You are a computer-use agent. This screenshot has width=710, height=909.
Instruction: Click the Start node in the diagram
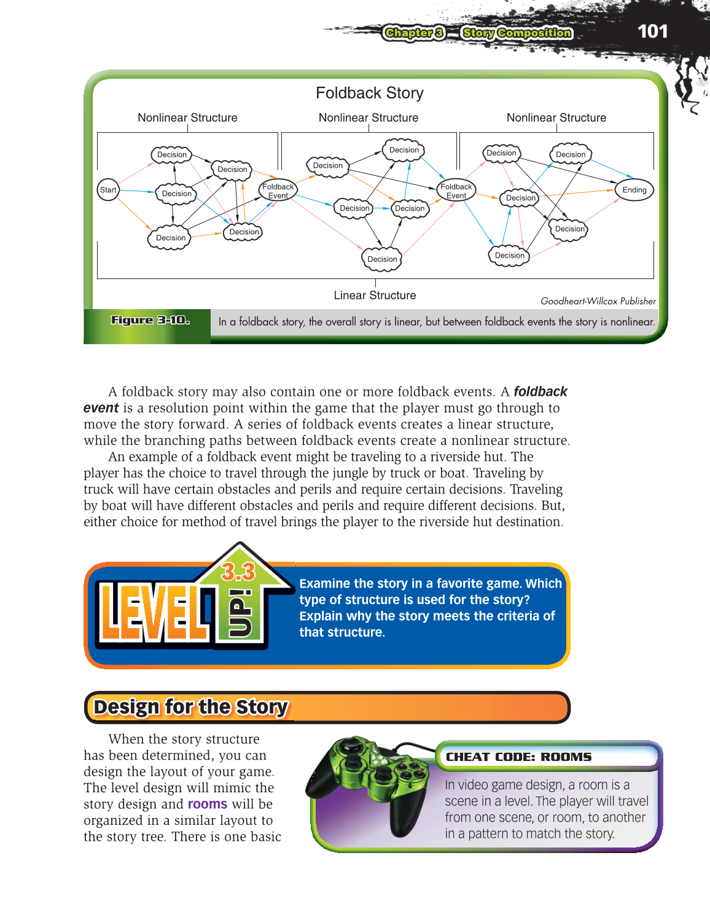[108, 190]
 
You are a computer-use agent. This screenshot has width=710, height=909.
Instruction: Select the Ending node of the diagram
[634, 190]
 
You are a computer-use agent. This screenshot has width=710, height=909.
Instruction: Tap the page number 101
[652, 31]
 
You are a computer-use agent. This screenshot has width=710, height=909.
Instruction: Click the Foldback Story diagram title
[369, 93]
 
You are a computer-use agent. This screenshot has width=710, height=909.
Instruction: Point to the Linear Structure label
[375, 295]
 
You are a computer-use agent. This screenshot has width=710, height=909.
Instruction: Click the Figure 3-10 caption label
[150, 320]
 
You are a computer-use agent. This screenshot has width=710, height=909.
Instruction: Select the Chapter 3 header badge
[413, 33]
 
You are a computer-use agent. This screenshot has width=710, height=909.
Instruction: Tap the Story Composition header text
[517, 33]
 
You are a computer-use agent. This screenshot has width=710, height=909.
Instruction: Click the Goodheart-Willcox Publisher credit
[598, 301]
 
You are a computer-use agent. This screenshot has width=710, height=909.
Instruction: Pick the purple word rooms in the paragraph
[207, 804]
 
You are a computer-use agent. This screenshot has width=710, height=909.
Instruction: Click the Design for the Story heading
[190, 707]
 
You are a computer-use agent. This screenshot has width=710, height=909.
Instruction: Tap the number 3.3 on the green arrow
[238, 572]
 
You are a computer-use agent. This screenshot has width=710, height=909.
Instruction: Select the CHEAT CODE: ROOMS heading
[518, 757]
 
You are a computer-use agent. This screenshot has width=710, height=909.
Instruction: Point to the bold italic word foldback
[540, 392]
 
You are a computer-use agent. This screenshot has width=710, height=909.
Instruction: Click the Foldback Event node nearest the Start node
[278, 191]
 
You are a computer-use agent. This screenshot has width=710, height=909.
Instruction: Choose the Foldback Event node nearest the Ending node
[456, 191]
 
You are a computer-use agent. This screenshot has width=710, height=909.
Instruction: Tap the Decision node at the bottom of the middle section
[382, 259]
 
